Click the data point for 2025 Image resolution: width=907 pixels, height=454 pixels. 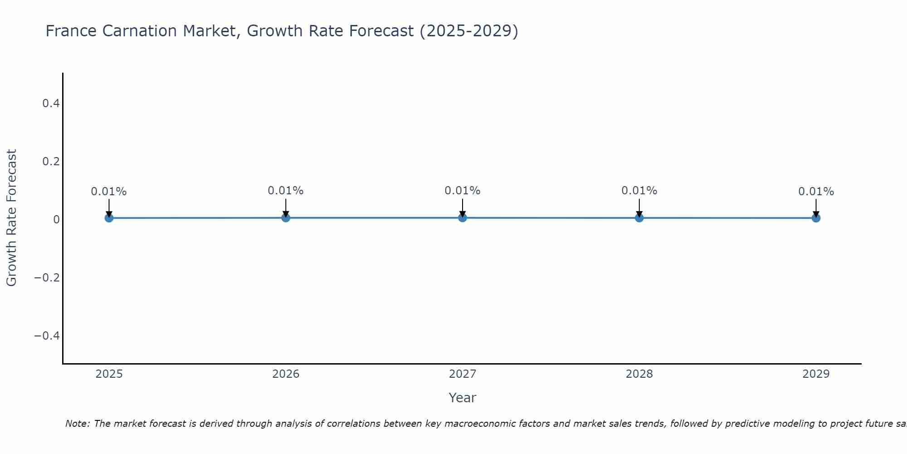coord(109,218)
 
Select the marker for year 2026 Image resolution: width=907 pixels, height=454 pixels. coord(286,217)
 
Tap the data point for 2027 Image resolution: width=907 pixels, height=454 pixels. coord(463,217)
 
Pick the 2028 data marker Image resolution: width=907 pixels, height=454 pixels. coord(639,217)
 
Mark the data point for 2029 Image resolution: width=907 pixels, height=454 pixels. coord(816,218)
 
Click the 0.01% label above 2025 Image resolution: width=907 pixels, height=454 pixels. coord(109,192)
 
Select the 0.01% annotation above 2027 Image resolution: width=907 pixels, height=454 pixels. coord(463,191)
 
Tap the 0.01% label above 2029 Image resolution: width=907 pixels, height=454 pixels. coord(816,192)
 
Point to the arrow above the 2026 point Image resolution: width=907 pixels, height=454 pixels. coord(286,207)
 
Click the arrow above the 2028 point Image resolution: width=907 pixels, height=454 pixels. coord(639,207)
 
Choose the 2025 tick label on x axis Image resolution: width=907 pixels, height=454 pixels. coord(109,374)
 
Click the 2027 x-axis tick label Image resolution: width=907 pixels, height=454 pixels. coord(463,374)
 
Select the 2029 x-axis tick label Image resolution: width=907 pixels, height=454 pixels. coord(816,374)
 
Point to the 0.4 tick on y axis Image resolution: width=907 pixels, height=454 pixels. coord(51,104)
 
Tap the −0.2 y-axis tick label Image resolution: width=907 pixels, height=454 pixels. coord(47,277)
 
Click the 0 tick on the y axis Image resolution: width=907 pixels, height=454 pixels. coord(56,220)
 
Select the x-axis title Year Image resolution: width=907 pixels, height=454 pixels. coord(462,398)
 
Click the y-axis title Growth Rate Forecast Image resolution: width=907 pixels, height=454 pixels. coord(11,218)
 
